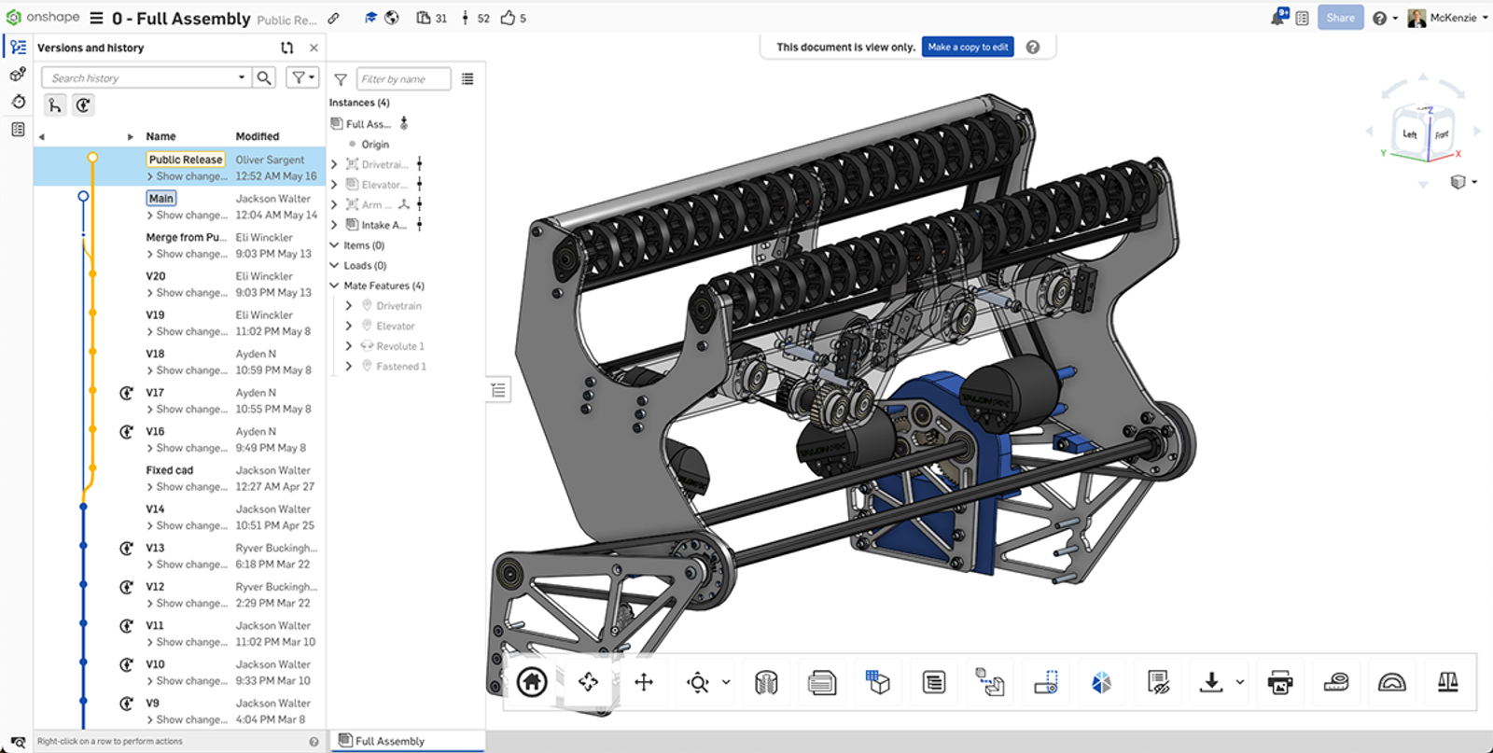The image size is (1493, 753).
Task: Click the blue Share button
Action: tap(1340, 18)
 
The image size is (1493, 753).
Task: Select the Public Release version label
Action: tap(186, 160)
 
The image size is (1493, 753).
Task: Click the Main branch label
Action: tap(161, 198)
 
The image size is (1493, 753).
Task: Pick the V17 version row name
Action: tap(155, 393)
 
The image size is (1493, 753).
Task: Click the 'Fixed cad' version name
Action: tap(170, 470)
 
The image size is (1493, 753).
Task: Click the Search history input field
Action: tap(140, 78)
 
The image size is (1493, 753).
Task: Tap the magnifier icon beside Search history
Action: tap(265, 78)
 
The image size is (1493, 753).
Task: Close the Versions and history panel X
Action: tap(314, 48)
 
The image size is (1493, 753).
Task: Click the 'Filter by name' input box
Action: tap(402, 79)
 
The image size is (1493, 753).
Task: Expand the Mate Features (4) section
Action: tap(334, 286)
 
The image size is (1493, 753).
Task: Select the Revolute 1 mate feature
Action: tap(399, 346)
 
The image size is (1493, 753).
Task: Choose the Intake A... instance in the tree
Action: tap(384, 225)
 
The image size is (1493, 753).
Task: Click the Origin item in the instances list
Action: tap(375, 145)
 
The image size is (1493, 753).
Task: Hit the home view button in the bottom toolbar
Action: tap(532, 682)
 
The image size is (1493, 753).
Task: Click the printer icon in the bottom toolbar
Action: tap(1280, 682)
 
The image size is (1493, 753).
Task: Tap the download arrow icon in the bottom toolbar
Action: tap(1211, 682)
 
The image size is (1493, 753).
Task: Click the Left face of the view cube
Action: tap(1409, 134)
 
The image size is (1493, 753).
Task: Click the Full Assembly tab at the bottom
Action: tap(389, 741)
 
